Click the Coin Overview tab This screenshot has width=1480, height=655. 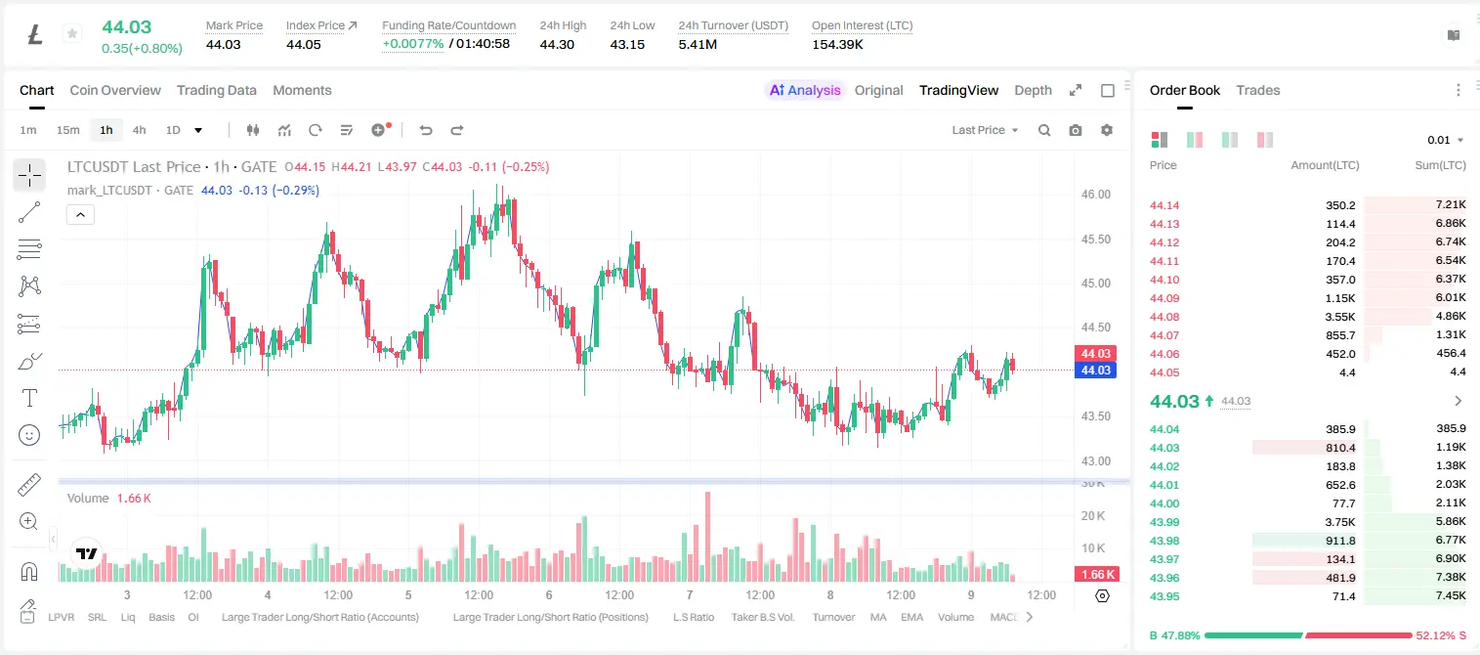pos(115,90)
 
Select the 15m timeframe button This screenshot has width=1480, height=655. pos(68,130)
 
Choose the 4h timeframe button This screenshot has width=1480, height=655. pos(139,130)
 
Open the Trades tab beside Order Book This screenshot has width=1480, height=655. pos(1258,90)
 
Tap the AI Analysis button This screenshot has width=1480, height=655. pos(805,90)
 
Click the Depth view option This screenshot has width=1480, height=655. pos(1033,90)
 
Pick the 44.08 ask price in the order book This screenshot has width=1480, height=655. pos(1164,317)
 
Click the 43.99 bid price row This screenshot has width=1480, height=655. pos(1164,521)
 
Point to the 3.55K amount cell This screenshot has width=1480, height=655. pos(1340,317)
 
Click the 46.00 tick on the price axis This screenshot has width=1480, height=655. pos(1095,195)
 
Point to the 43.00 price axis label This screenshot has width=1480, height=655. pos(1095,460)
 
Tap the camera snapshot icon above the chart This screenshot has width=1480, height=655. pos(1076,130)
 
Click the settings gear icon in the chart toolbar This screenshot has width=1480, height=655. pos(1107,130)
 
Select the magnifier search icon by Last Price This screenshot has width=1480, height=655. pos(1044,130)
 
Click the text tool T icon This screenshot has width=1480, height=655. pos(29,398)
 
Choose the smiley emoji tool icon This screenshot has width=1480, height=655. pos(29,435)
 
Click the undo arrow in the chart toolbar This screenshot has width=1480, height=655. pos(426,130)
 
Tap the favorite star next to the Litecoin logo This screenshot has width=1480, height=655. pos(72,33)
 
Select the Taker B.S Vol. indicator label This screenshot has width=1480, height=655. pos(762,617)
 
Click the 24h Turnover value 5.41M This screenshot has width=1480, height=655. pos(698,44)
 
